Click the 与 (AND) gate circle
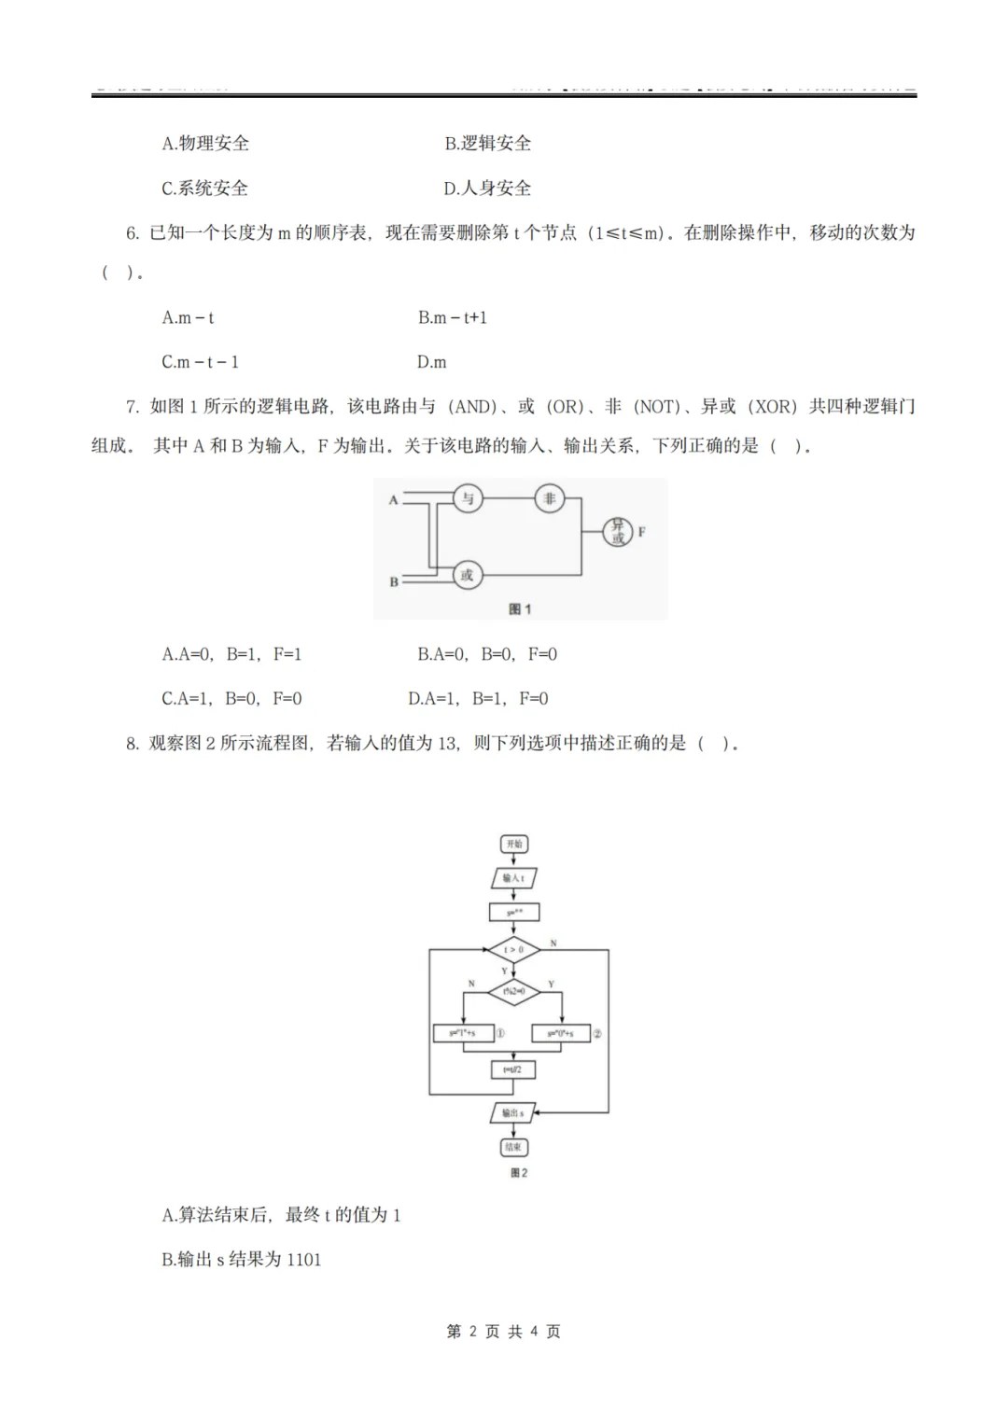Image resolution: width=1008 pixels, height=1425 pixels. pyautogui.click(x=468, y=498)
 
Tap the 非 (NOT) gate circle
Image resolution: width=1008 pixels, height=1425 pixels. pyautogui.click(x=549, y=498)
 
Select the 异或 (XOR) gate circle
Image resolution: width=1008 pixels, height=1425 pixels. pyautogui.click(x=618, y=532)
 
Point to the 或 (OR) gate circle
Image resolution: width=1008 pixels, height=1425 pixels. pyautogui.click(x=467, y=575)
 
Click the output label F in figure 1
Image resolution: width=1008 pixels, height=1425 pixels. pyautogui.click(x=641, y=532)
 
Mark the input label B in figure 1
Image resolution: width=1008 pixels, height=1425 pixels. pyautogui.click(x=394, y=581)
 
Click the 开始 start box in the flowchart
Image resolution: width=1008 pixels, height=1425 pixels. pyautogui.click(x=514, y=845)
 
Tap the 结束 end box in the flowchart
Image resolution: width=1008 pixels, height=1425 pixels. pyautogui.click(x=513, y=1147)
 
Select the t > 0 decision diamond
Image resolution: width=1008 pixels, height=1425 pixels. pyautogui.click(x=514, y=950)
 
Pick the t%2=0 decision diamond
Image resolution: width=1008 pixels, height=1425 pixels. pyautogui.click(x=514, y=991)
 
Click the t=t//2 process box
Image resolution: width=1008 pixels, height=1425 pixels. pyautogui.click(x=513, y=1069)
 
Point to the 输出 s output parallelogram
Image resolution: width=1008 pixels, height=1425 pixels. pyautogui.click(x=512, y=1112)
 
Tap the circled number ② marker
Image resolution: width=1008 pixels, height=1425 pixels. pyautogui.click(x=597, y=1033)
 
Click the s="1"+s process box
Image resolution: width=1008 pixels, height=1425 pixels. pyautogui.click(x=463, y=1033)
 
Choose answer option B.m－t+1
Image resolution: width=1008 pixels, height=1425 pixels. pyautogui.click(x=453, y=317)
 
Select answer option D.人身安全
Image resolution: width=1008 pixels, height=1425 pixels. pyautogui.click(x=487, y=189)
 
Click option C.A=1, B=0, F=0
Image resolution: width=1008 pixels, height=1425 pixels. pyautogui.click(x=231, y=698)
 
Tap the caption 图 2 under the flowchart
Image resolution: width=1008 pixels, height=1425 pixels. pyautogui.click(x=519, y=1173)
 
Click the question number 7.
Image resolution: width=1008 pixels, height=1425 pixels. pyautogui.click(x=132, y=407)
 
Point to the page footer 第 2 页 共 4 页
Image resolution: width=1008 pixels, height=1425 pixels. pyautogui.click(x=504, y=1332)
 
